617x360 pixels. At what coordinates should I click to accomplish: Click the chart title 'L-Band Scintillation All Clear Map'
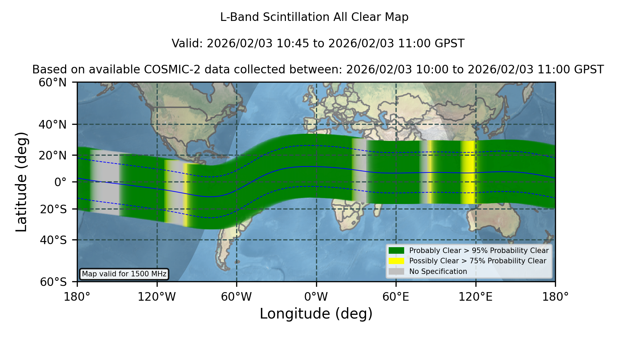(x=314, y=17)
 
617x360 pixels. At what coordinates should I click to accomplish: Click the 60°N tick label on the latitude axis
(x=52, y=82)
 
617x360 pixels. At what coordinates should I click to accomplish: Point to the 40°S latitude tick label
(x=53, y=240)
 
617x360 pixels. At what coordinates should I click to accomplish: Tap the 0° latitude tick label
(x=60, y=182)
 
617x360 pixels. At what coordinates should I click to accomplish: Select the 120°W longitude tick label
(x=157, y=297)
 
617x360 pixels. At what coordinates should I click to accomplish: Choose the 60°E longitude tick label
(x=396, y=297)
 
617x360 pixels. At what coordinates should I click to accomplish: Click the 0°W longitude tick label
(x=316, y=297)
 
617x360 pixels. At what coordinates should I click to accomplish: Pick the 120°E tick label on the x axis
(x=475, y=297)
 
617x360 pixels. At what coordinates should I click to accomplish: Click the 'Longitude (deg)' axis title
(x=316, y=314)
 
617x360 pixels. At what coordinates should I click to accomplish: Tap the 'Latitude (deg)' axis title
(x=21, y=182)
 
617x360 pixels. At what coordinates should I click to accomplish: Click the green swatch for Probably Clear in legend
(x=396, y=250)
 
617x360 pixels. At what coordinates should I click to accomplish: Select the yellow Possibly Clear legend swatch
(x=396, y=261)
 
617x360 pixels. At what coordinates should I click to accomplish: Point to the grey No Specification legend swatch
(x=396, y=272)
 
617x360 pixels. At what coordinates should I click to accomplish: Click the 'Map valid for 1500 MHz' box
(x=124, y=274)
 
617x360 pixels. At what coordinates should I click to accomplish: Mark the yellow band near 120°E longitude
(x=468, y=172)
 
